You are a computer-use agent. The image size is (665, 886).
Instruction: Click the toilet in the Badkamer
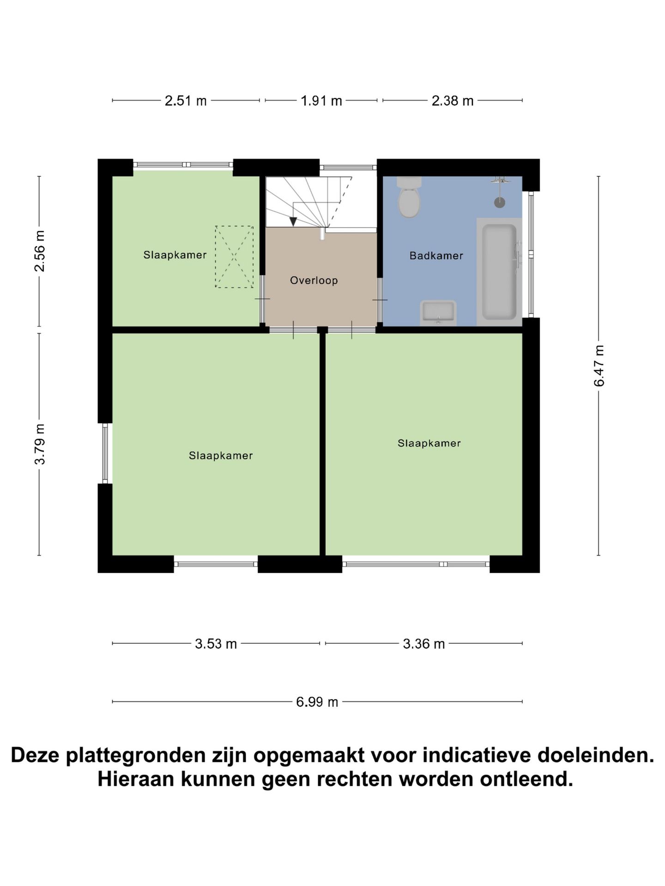point(409,199)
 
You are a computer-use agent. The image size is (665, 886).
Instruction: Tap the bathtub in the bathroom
point(499,272)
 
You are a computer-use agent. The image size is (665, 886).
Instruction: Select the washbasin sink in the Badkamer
point(438,313)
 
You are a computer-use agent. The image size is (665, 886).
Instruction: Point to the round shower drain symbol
point(500,202)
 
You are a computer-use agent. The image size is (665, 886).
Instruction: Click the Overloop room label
point(314,281)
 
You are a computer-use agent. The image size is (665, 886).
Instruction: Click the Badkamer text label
point(436,256)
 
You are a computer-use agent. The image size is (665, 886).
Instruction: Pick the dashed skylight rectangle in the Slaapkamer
point(234,257)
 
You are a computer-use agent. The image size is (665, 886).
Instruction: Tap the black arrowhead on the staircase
point(293,221)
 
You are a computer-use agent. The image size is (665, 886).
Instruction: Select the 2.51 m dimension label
point(186,101)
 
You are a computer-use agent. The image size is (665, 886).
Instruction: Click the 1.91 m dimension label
point(321,101)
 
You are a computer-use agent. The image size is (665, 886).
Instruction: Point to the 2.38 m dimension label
point(453,101)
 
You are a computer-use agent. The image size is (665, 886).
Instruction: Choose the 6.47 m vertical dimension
point(599,365)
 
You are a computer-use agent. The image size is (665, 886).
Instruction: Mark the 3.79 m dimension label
point(40,444)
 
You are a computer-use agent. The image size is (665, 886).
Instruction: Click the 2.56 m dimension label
point(40,251)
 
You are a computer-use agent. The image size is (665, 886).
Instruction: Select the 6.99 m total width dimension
point(317,702)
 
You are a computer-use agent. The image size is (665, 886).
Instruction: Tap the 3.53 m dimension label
point(216,644)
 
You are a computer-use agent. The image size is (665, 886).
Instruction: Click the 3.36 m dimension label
point(424,644)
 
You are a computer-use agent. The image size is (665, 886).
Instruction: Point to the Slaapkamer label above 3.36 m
point(429,443)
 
